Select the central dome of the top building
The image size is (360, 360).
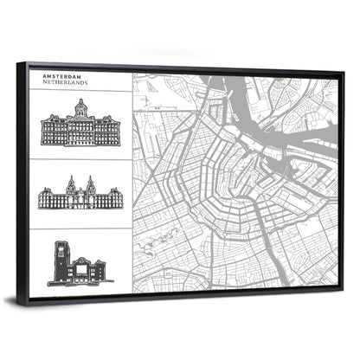click(80, 108)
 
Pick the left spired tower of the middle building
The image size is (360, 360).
click(70, 184)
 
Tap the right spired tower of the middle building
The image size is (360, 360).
click(90, 184)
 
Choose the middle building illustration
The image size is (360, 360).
click(80, 194)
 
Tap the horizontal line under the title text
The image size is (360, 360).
click(80, 90)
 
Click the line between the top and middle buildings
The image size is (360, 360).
click(80, 158)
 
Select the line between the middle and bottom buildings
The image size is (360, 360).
click(80, 227)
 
